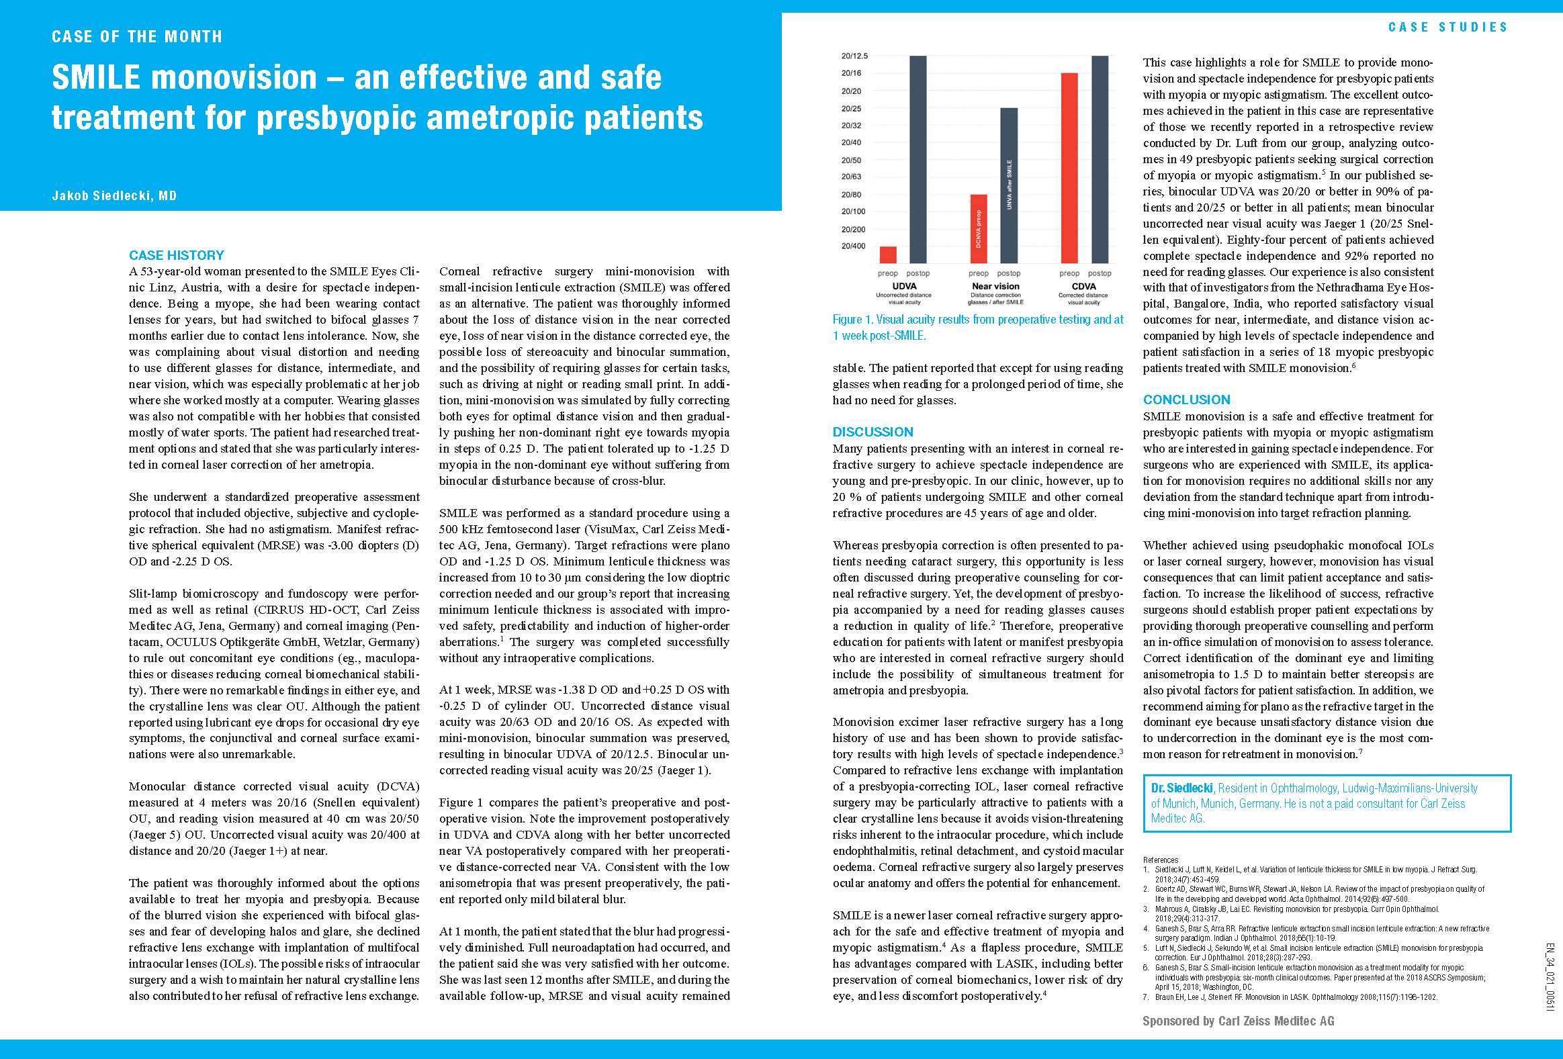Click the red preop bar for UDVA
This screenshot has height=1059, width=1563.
(888, 255)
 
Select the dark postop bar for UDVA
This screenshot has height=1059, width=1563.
(918, 159)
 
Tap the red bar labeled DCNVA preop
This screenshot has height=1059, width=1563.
(979, 228)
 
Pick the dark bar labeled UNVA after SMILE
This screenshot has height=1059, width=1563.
(1009, 185)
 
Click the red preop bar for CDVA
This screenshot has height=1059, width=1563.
(1069, 168)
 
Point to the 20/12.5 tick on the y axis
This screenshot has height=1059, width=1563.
(854, 56)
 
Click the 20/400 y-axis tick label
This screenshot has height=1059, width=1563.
(853, 246)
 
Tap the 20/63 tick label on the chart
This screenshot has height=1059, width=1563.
(851, 177)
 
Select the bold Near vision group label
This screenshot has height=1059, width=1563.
(995, 287)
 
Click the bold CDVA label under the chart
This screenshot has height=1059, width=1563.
(1083, 287)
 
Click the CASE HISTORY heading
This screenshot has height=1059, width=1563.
(176, 255)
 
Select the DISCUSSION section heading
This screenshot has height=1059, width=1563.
(873, 432)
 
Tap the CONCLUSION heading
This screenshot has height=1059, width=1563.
(1186, 400)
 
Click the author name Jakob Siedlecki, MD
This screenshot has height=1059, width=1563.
(114, 195)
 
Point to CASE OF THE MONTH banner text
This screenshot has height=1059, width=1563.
(137, 36)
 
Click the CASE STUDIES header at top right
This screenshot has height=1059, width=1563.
(1447, 28)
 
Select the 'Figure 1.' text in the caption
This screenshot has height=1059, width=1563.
(852, 320)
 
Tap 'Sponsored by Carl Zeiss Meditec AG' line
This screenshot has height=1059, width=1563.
(1238, 1021)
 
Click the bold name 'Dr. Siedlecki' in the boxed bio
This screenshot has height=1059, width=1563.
(1181, 788)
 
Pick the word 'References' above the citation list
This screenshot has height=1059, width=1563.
(1161, 860)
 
